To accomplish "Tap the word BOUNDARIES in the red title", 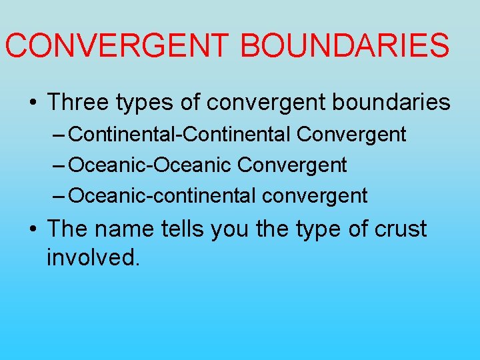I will click(x=345, y=45).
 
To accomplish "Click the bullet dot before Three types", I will click(x=33, y=103).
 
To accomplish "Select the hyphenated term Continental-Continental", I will click(x=179, y=134).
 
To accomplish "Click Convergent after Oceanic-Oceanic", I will click(x=292, y=165).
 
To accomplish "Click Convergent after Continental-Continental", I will click(x=351, y=134).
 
